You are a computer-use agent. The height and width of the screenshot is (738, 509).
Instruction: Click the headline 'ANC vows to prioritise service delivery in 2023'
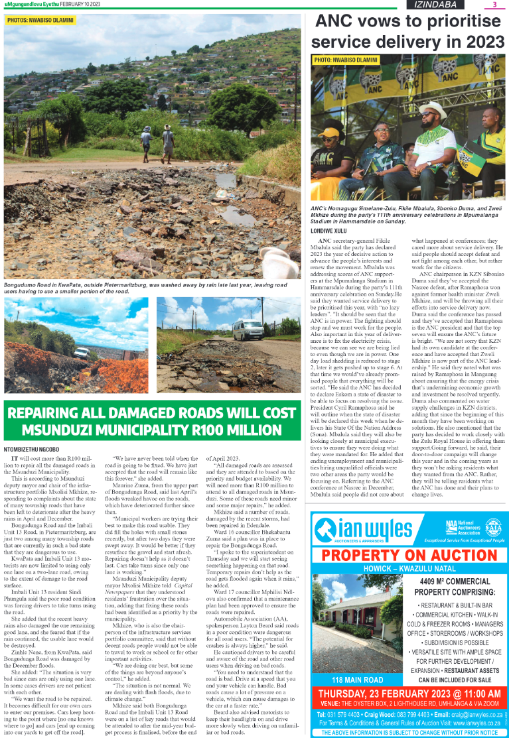point(409,32)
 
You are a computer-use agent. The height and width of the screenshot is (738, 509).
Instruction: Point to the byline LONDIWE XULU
point(330,230)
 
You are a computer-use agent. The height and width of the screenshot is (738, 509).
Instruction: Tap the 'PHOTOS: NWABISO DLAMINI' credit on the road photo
point(40,20)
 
